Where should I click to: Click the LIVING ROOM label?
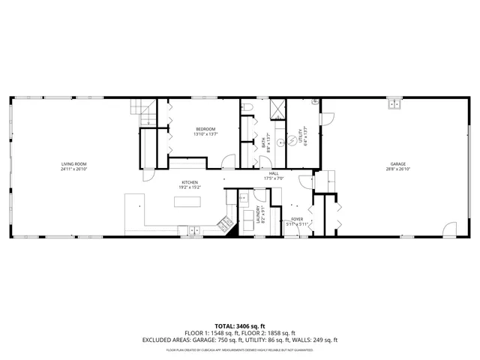tap(75, 163)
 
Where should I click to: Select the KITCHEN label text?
tap(189, 183)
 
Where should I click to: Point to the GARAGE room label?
tap(397, 163)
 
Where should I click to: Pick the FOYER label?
tap(297, 220)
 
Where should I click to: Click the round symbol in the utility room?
tap(282, 141)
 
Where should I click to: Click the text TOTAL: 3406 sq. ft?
tap(240, 326)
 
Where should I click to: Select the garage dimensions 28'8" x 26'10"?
tap(397, 169)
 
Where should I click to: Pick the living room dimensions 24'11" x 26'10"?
tap(75, 169)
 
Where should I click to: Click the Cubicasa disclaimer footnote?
tap(240, 349)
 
